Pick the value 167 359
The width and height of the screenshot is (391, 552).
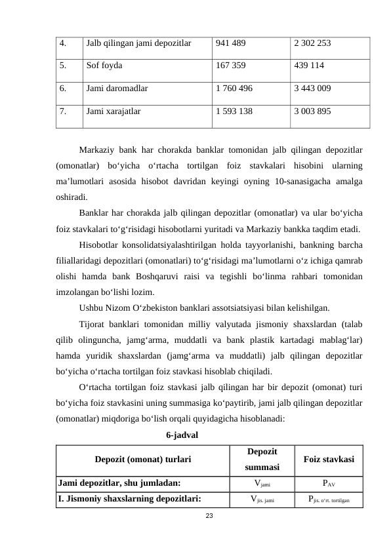tap(230, 66)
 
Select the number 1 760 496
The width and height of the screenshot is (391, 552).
tap(234, 88)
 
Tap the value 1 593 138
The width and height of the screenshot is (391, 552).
tap(234, 111)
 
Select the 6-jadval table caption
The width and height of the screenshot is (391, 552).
tap(182, 435)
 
